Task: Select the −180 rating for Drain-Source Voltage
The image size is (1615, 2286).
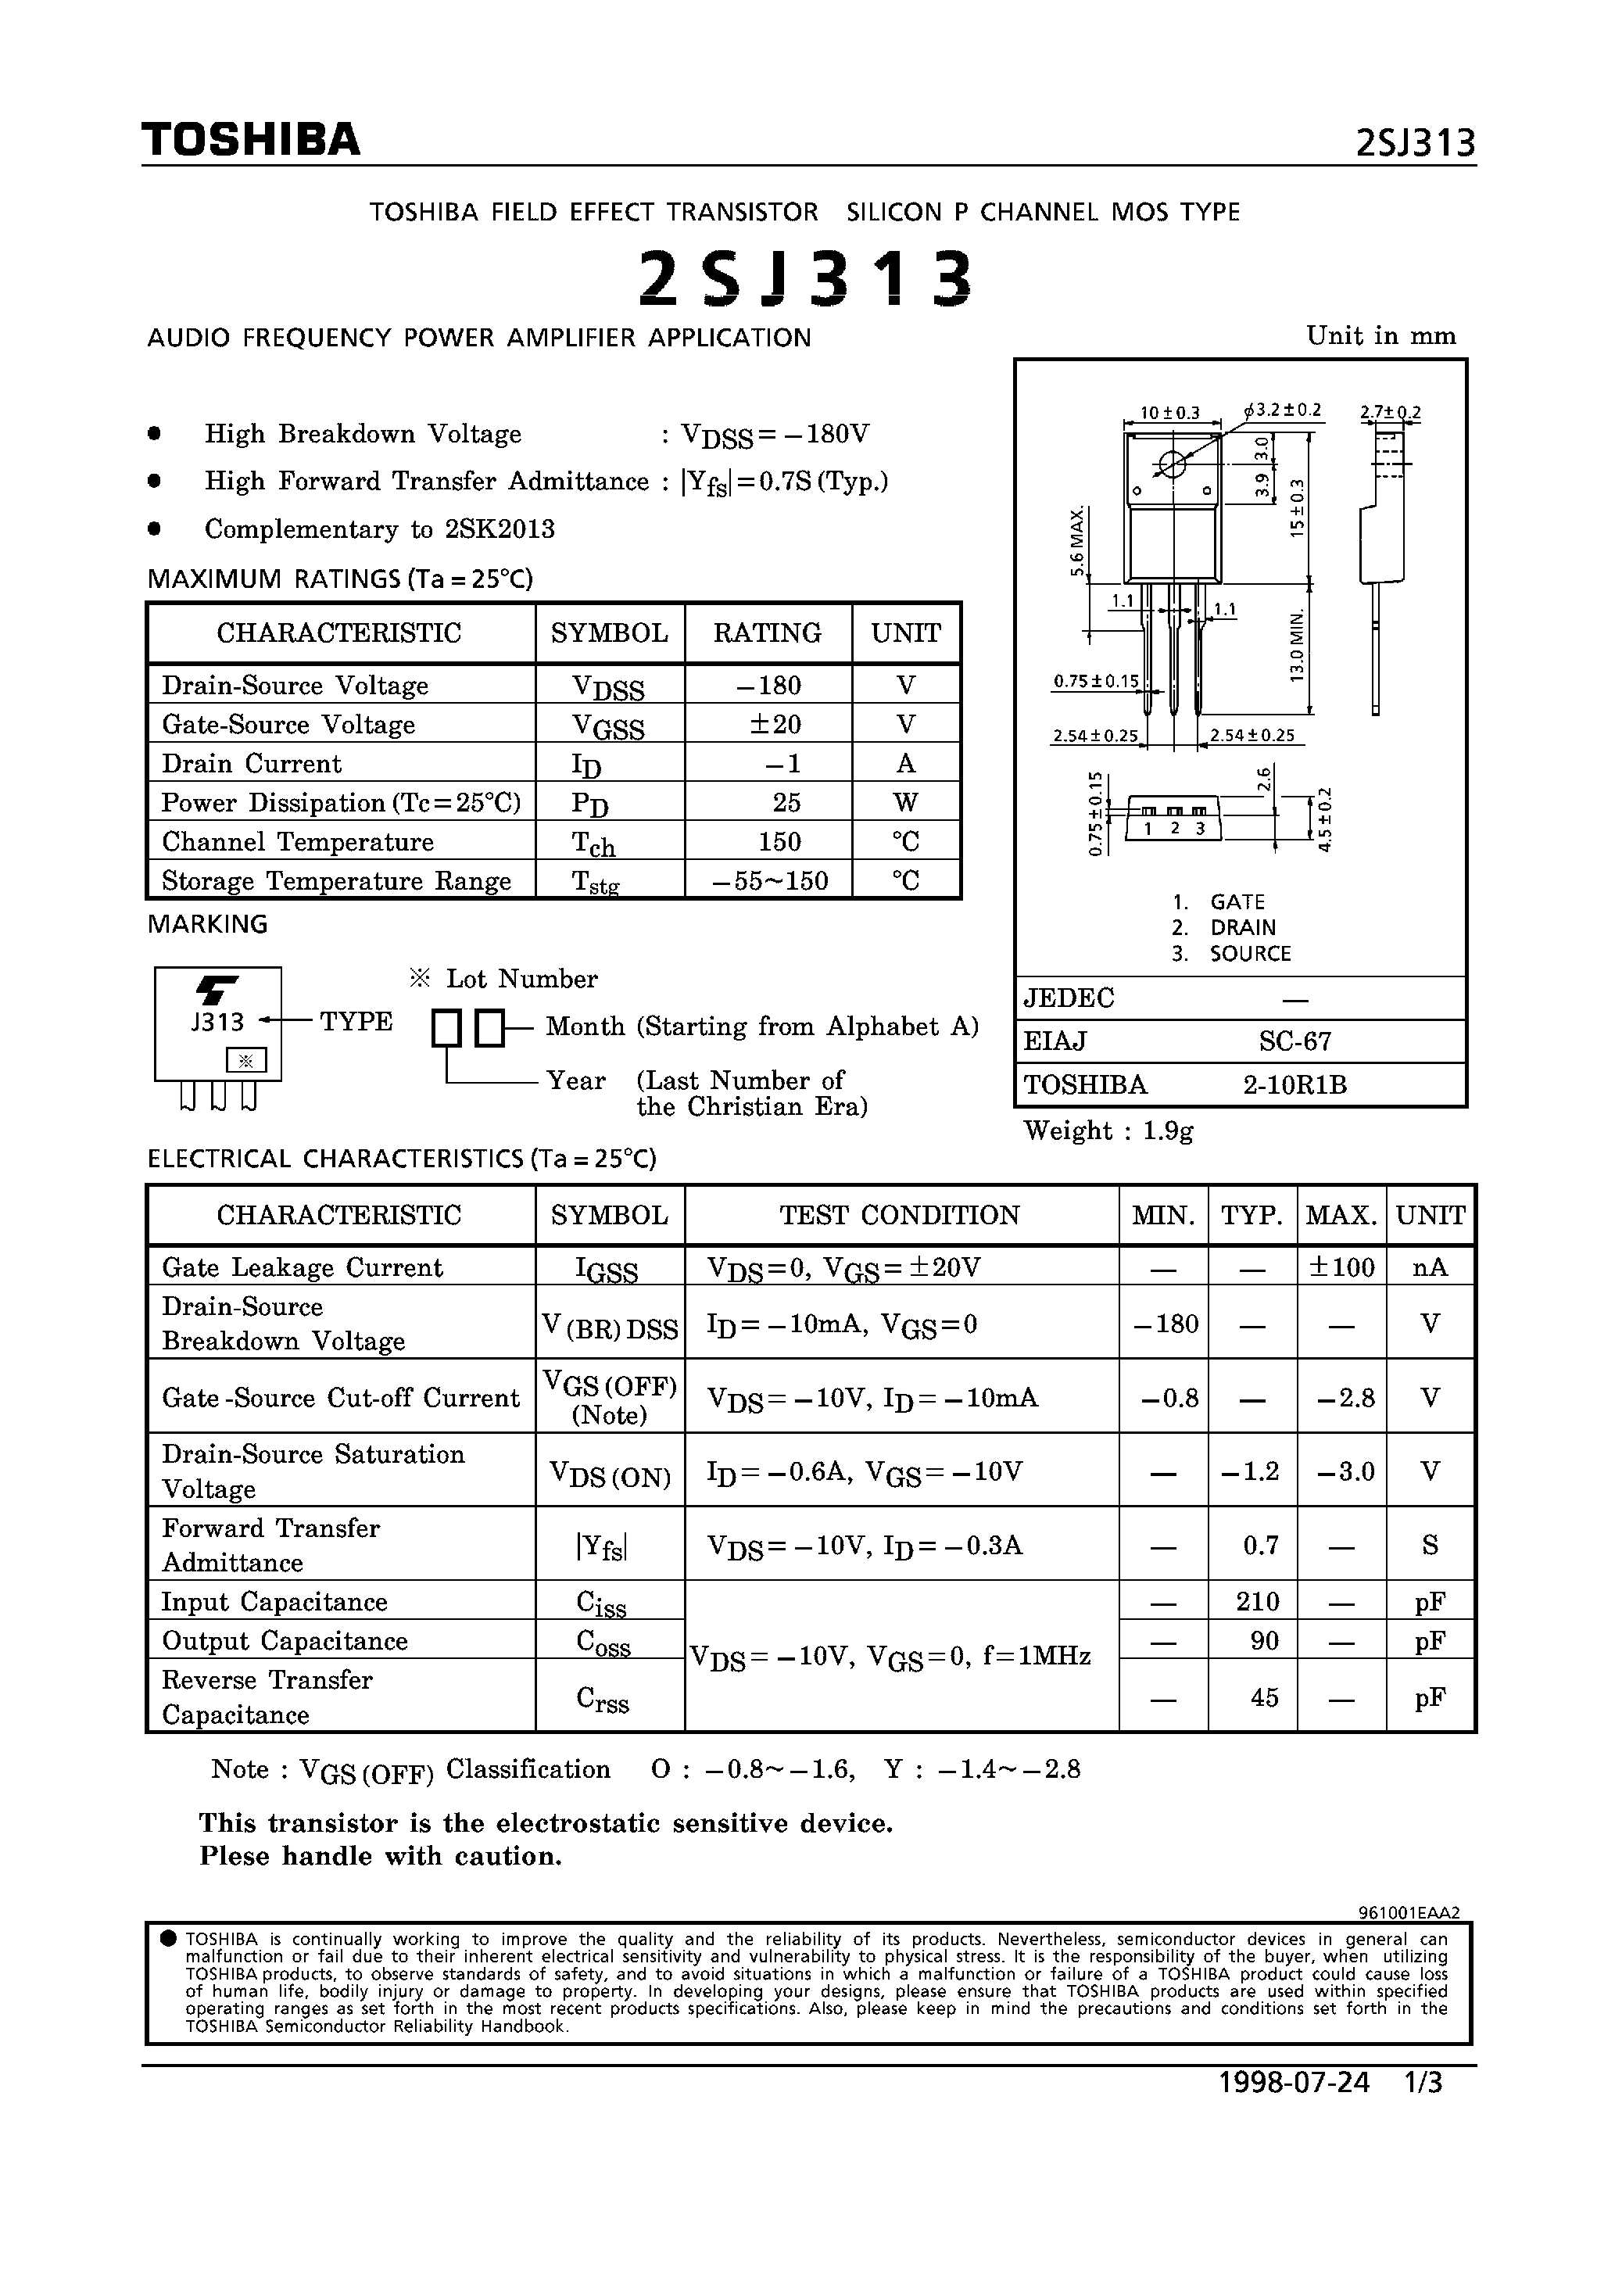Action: [768, 685]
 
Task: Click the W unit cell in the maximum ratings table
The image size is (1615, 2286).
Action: [905, 802]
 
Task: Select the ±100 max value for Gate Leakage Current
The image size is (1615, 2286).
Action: [1341, 1267]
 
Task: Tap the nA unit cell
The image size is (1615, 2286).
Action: [1430, 1267]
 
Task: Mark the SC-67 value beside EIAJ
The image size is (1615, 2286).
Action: [1295, 1041]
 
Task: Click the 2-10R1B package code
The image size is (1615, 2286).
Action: [1295, 1084]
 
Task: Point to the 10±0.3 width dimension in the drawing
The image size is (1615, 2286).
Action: [1170, 412]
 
